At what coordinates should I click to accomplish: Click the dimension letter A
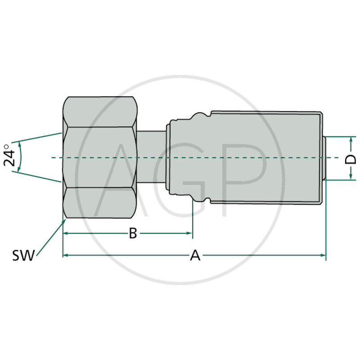(x=195, y=255)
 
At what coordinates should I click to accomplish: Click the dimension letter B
(x=133, y=233)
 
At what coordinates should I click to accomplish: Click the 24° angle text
(x=10, y=156)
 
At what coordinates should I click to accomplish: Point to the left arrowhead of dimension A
(x=66, y=255)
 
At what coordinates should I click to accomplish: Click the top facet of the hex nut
(x=100, y=111)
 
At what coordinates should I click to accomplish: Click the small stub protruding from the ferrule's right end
(x=324, y=157)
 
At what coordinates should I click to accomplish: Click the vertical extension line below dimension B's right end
(x=193, y=220)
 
